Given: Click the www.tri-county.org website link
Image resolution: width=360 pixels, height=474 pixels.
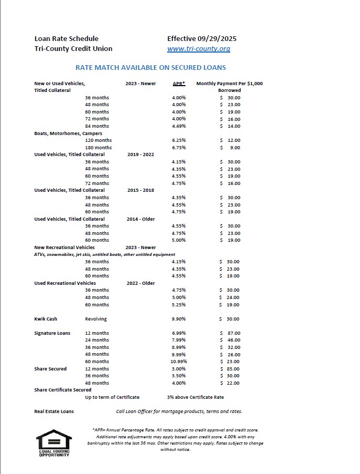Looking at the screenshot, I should pos(199,49).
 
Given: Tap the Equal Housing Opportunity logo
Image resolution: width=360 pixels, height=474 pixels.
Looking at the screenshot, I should pos(54,443).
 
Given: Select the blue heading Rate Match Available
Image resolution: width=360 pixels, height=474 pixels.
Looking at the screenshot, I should pos(151,68).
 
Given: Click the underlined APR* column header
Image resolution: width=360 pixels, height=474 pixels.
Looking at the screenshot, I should pos(179,84).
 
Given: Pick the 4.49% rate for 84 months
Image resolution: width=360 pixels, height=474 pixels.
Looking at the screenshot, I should pos(179,126).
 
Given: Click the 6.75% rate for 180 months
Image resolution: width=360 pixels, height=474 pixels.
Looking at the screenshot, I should pos(179,148).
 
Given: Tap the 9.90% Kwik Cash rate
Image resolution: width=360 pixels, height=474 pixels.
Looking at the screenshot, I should pos(179,319).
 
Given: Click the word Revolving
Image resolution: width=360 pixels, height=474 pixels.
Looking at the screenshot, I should pos(96,319).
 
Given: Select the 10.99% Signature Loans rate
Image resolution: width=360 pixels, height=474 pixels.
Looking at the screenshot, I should pos(179,362).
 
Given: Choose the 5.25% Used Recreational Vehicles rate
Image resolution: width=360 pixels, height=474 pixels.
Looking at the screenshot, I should pos(179,305).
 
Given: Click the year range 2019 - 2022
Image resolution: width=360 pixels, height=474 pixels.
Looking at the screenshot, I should pos(141,154).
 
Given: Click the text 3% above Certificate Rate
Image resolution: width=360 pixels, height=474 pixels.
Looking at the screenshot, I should pos(196,397).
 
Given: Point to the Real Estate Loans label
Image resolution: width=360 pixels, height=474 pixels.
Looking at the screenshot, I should pos(54,411).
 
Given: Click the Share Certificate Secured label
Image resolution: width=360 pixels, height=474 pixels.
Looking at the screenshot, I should pos(63,390).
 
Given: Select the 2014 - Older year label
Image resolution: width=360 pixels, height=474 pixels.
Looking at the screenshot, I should pos(141,219).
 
